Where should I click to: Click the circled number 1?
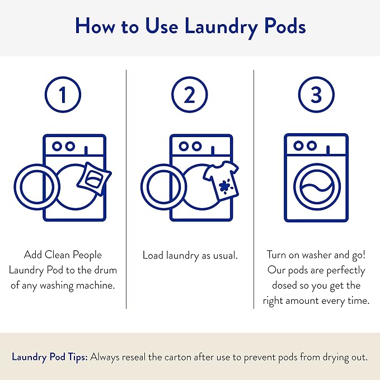tap(63, 95)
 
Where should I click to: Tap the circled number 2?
tap(190, 95)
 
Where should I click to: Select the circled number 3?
tap(316, 95)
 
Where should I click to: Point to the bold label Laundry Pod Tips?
tap(49, 357)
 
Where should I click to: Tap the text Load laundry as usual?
tap(190, 255)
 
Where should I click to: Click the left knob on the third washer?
tap(297, 146)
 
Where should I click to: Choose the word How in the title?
tap(93, 26)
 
